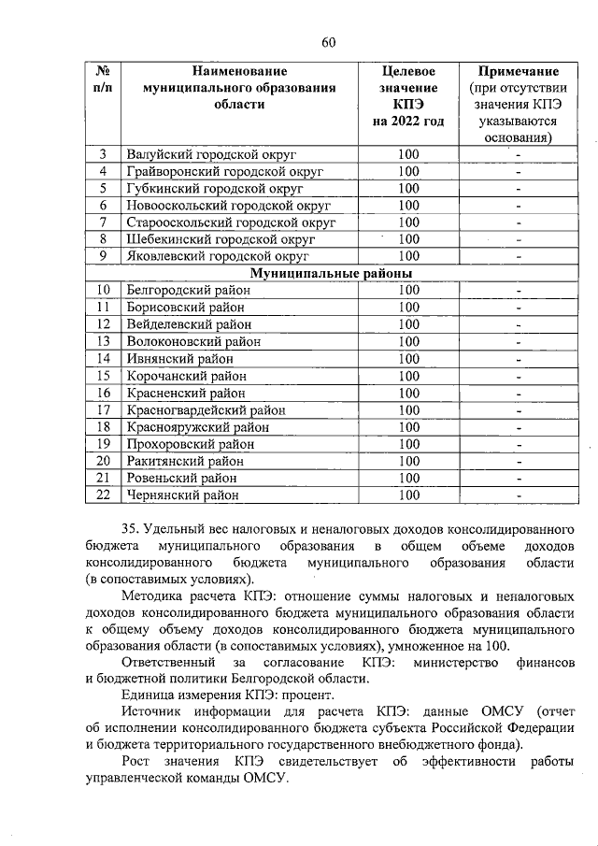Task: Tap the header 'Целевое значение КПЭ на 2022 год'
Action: click(407, 96)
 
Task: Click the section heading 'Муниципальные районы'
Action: click(331, 272)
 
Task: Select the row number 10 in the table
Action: click(104, 290)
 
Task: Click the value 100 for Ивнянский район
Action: click(408, 358)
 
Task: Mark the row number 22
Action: click(104, 495)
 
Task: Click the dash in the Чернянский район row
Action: click(518, 495)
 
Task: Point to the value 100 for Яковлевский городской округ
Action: click(408, 256)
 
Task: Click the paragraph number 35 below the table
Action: click(133, 528)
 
